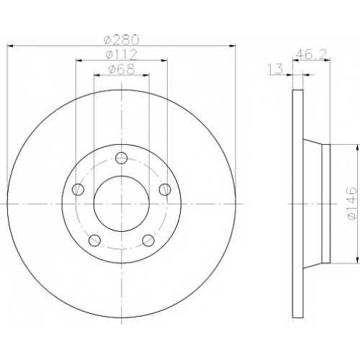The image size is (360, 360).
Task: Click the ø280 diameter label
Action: click(122, 40)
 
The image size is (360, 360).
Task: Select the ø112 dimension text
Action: click(122, 55)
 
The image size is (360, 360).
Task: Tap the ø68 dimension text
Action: click(122, 69)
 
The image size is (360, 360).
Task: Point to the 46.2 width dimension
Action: click(311, 55)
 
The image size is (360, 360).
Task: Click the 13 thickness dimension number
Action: click(276, 69)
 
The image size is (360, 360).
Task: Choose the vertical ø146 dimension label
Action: click(352, 204)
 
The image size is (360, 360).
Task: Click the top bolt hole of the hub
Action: click(121, 158)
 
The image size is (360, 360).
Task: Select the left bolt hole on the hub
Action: click(78, 189)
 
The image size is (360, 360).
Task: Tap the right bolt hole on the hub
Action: click(165, 189)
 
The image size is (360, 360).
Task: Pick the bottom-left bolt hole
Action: click(94, 240)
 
